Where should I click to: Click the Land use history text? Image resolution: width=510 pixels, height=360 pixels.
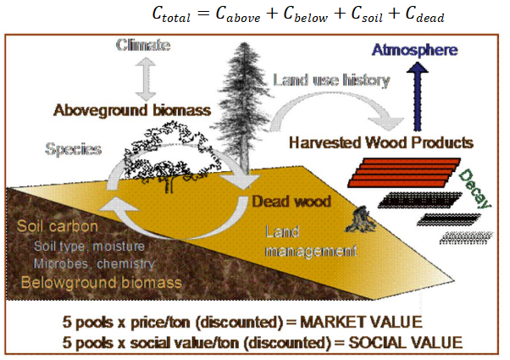330,81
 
